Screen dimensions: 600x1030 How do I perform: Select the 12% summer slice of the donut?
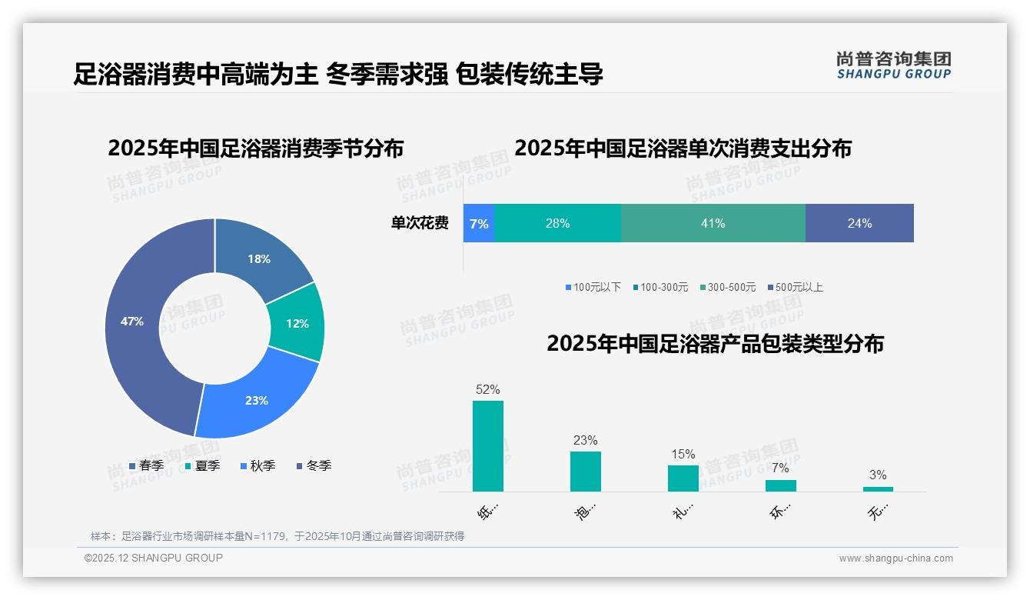coord(296,323)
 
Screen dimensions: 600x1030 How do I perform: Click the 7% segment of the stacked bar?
coord(479,223)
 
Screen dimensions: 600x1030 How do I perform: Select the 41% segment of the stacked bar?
coord(713,223)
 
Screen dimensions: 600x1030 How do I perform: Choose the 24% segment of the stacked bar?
coord(859,223)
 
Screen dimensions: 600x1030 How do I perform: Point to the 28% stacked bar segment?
coord(557,223)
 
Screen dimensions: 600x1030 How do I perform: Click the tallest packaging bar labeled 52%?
coord(488,446)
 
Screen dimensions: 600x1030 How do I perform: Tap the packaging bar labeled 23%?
coord(586,471)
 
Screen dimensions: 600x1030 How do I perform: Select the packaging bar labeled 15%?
coord(683,478)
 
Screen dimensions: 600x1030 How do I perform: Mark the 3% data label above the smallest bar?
coord(878,475)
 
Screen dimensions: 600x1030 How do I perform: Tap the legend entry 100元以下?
coord(593,287)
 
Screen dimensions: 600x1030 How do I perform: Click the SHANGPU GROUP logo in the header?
coord(893,65)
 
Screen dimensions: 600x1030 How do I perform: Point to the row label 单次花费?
coord(420,223)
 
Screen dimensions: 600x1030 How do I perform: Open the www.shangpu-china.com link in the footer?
coord(895,558)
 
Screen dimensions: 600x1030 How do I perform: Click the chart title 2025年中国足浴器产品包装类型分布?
coord(715,344)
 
